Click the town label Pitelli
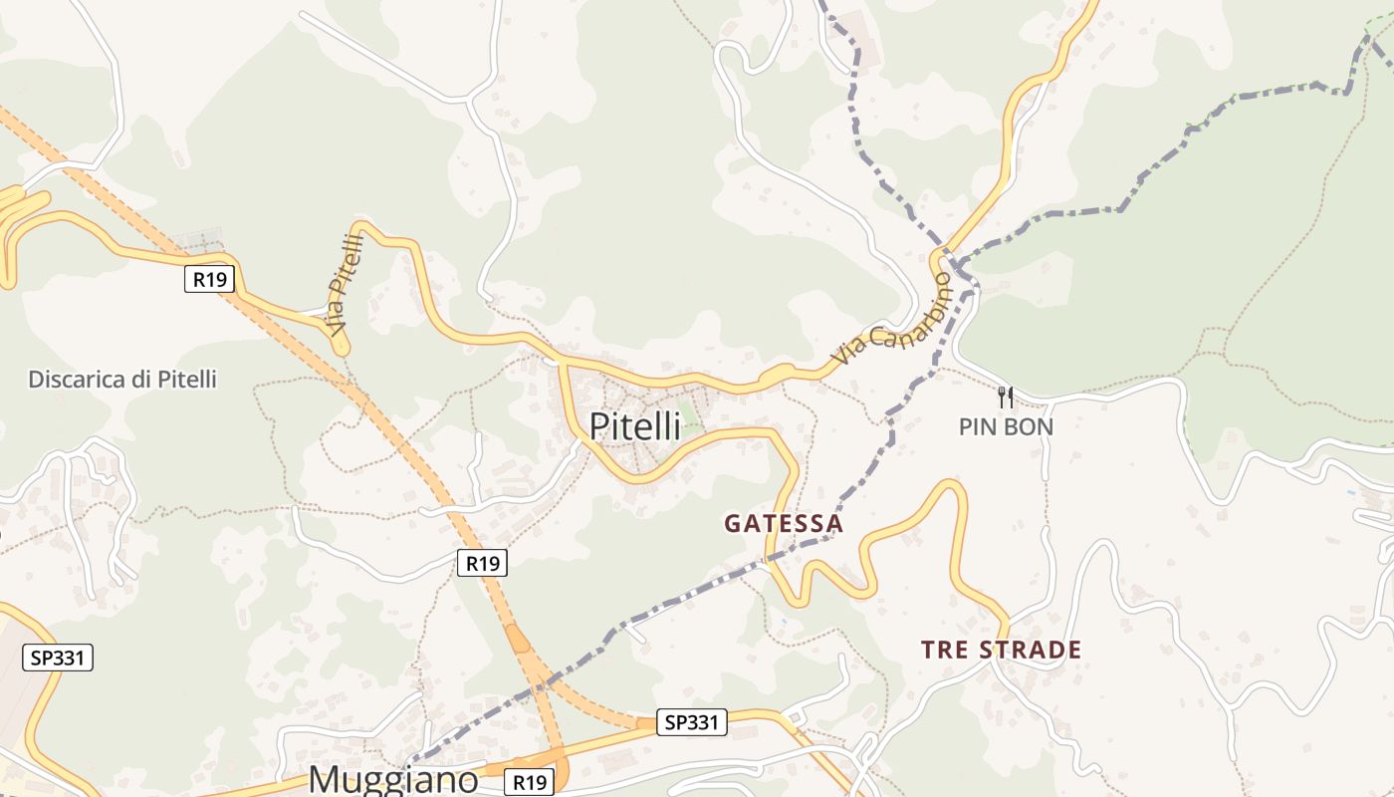click(634, 426)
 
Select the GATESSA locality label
click(784, 523)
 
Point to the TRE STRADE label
click(1001, 651)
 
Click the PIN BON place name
click(1006, 427)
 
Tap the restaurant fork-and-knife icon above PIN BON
click(1006, 398)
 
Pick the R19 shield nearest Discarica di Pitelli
click(209, 279)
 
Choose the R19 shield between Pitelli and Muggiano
click(483, 563)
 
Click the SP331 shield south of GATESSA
click(692, 722)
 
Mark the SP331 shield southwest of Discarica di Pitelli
click(57, 658)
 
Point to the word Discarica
click(73, 380)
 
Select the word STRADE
click(1029, 651)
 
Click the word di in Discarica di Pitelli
click(136, 380)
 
